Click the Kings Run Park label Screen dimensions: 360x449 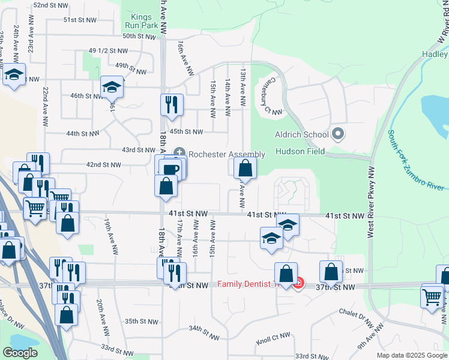pyautogui.click(x=142, y=22)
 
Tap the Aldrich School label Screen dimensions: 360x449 pyautogui.click(x=301, y=134)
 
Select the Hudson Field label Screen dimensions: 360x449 pyautogui.click(x=300, y=151)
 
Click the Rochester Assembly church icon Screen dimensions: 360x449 pyautogui.click(x=179, y=154)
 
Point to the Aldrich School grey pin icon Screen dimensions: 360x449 pyautogui.click(x=338, y=134)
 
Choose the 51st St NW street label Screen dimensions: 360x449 pyautogui.click(x=80, y=20)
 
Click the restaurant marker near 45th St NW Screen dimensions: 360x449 pyautogui.click(x=172, y=104)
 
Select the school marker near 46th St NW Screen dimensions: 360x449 pyautogui.click(x=112, y=87)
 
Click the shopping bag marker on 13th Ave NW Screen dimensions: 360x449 pyautogui.click(x=245, y=169)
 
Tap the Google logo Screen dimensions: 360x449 pyautogui.click(x=20, y=353)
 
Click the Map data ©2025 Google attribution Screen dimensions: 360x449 pyautogui.click(x=412, y=355)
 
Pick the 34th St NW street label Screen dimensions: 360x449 pyautogui.click(x=202, y=329)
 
